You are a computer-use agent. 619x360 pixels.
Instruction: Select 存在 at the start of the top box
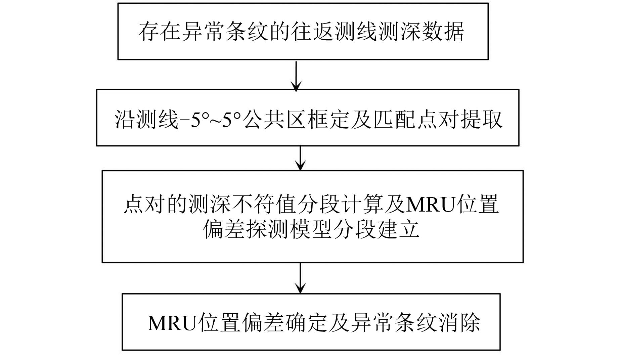point(159,32)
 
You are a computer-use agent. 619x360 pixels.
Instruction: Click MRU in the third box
point(430,205)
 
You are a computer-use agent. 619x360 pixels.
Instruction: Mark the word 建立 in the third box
point(399,229)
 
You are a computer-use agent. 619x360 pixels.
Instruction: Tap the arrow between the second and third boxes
point(300,158)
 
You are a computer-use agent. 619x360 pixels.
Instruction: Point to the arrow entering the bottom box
point(300,278)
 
